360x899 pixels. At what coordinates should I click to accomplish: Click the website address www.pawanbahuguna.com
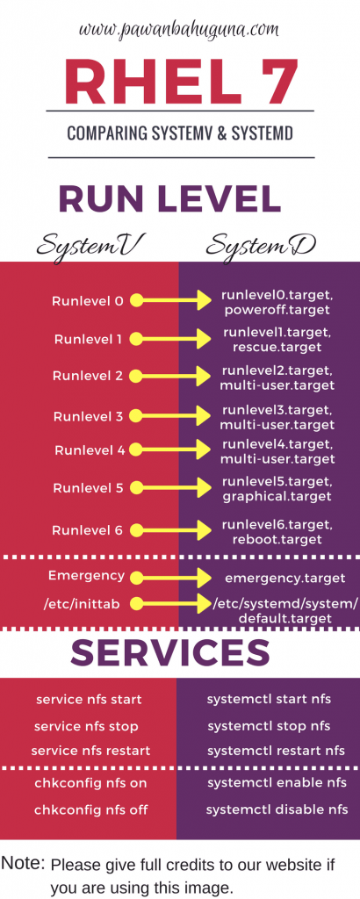click(x=179, y=29)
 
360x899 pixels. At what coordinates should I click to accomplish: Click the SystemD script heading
click(x=261, y=246)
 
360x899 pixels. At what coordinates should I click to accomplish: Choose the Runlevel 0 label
click(x=88, y=300)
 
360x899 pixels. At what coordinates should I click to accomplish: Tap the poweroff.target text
click(x=277, y=310)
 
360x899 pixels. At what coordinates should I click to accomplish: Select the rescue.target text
click(x=277, y=347)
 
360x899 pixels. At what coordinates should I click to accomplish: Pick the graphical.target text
click(x=277, y=496)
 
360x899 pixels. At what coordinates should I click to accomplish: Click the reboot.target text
click(x=277, y=539)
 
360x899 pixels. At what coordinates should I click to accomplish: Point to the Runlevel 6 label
click(x=87, y=530)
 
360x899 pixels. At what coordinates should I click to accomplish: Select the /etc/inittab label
click(x=82, y=604)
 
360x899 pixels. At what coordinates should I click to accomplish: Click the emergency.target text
click(x=284, y=579)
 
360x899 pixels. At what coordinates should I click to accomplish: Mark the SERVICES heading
click(x=170, y=652)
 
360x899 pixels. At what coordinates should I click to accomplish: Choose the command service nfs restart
click(x=90, y=751)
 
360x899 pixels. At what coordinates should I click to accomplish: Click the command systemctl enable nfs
click(x=277, y=782)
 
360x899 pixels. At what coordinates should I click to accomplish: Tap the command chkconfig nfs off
click(x=90, y=810)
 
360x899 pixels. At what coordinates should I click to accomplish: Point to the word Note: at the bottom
click(x=23, y=863)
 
